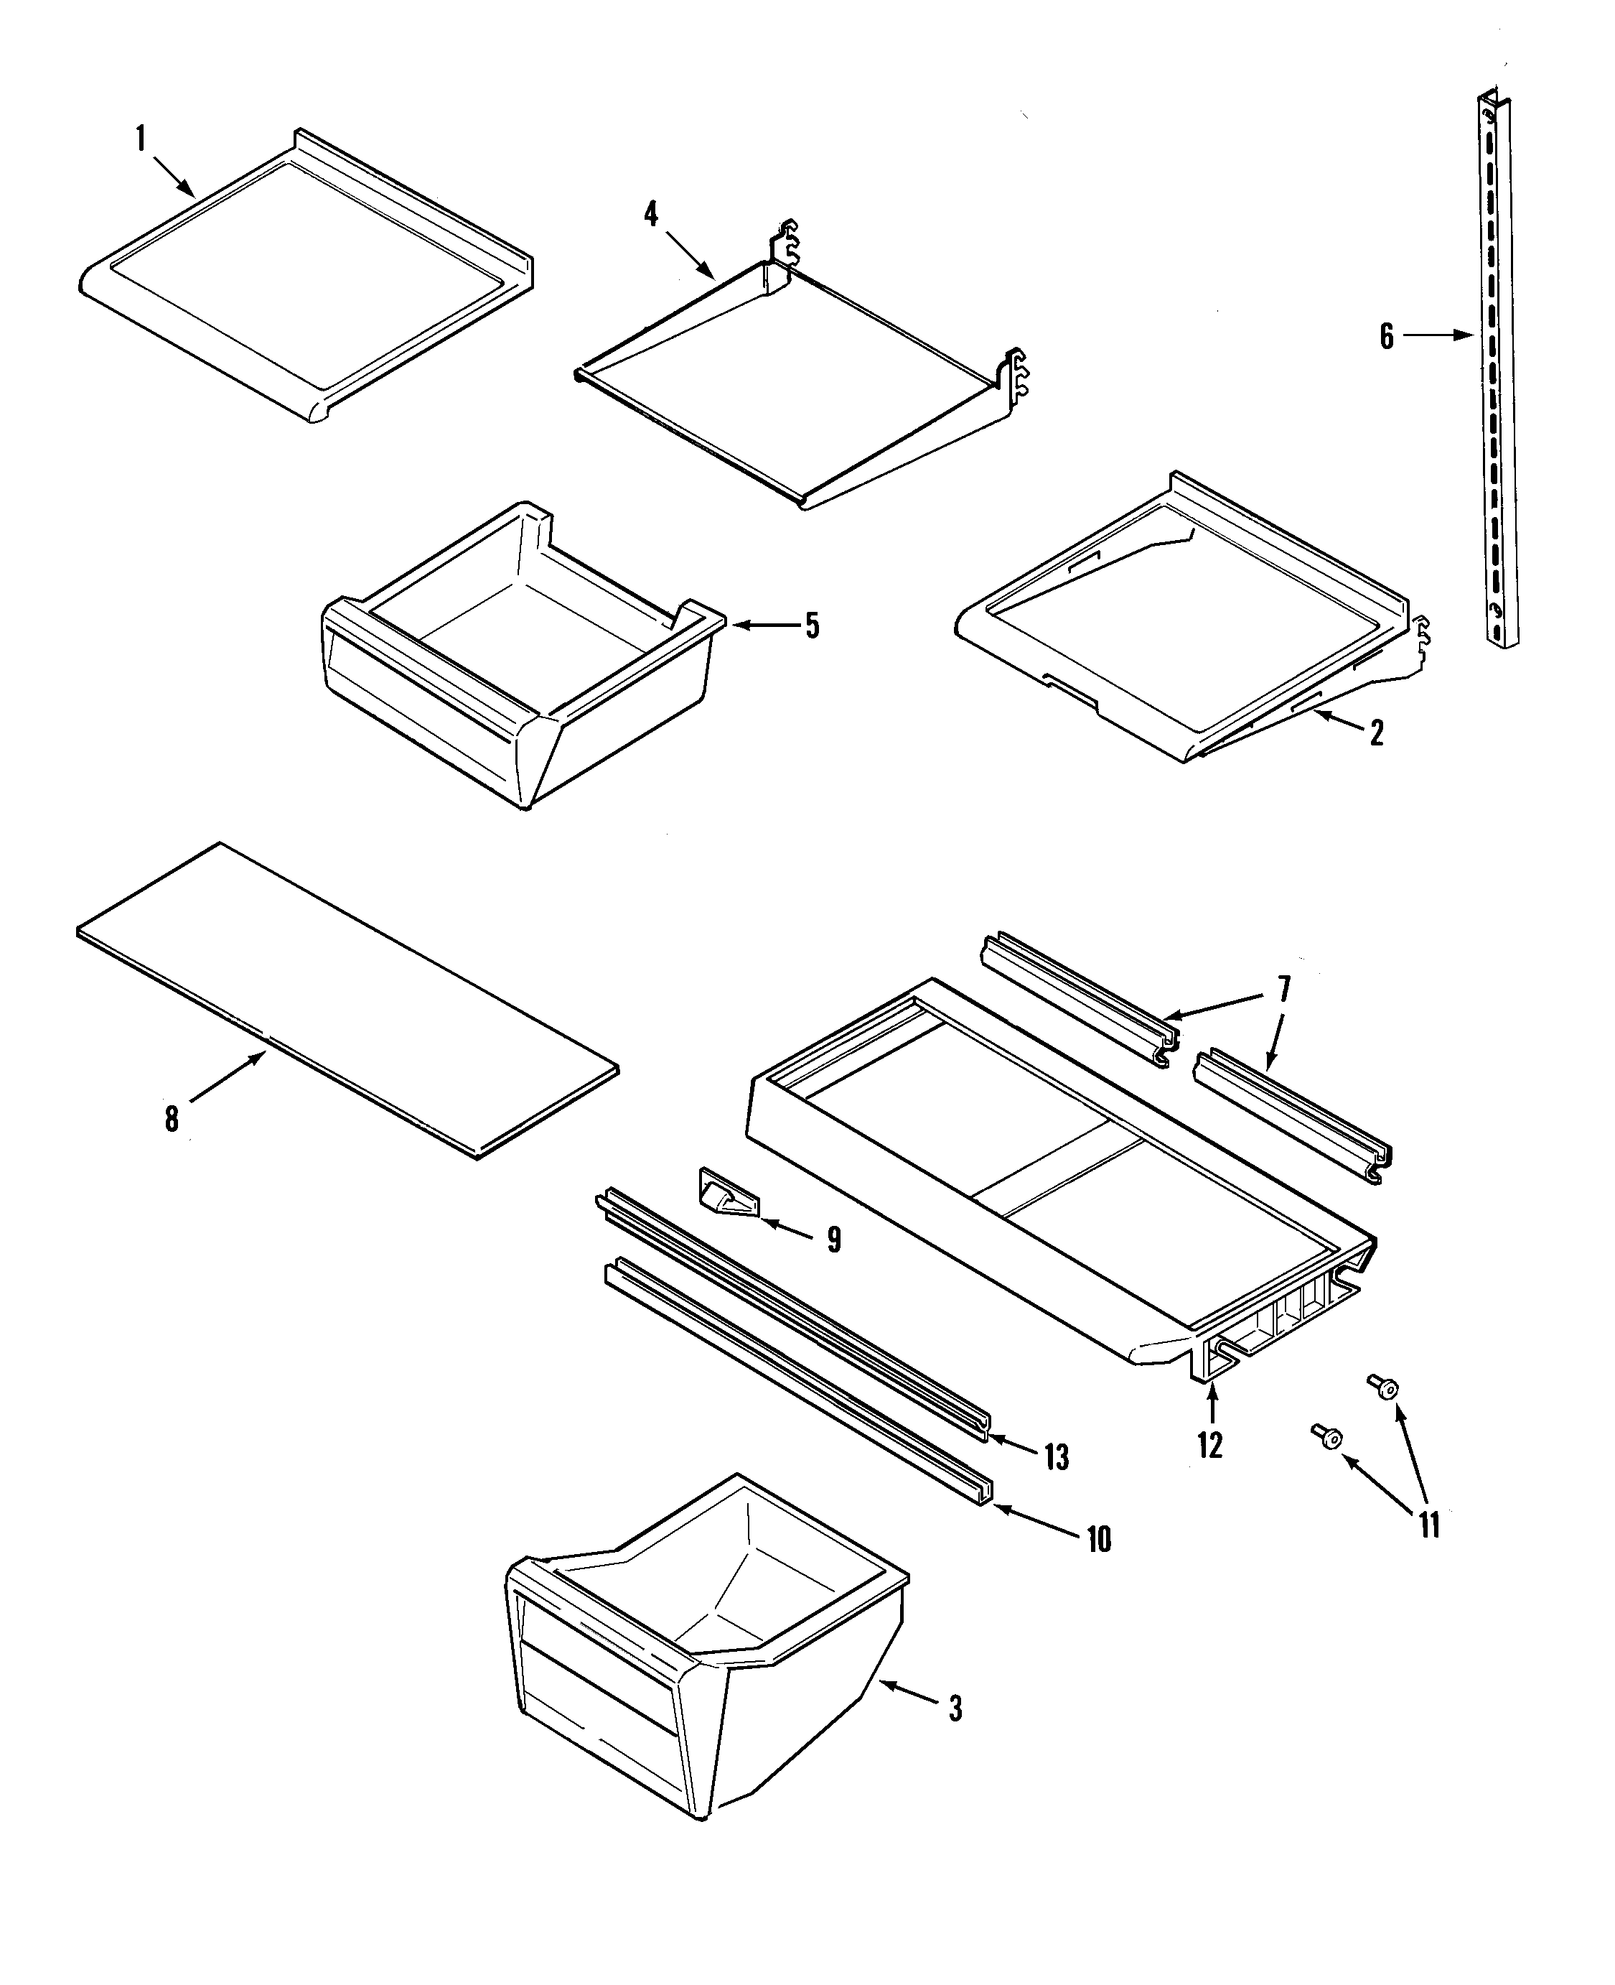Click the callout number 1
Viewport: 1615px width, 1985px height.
pos(141,139)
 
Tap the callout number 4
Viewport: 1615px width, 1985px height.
pos(651,215)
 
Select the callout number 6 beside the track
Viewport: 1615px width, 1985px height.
pos(1386,336)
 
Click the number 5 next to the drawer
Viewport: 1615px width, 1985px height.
pos(812,626)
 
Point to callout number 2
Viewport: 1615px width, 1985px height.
pos(1377,733)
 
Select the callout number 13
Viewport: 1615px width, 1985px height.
pos(1056,1457)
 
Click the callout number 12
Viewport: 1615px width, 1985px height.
pos(1209,1445)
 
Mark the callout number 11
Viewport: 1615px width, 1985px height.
pos(1429,1525)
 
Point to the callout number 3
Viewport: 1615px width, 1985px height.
pos(955,1709)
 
